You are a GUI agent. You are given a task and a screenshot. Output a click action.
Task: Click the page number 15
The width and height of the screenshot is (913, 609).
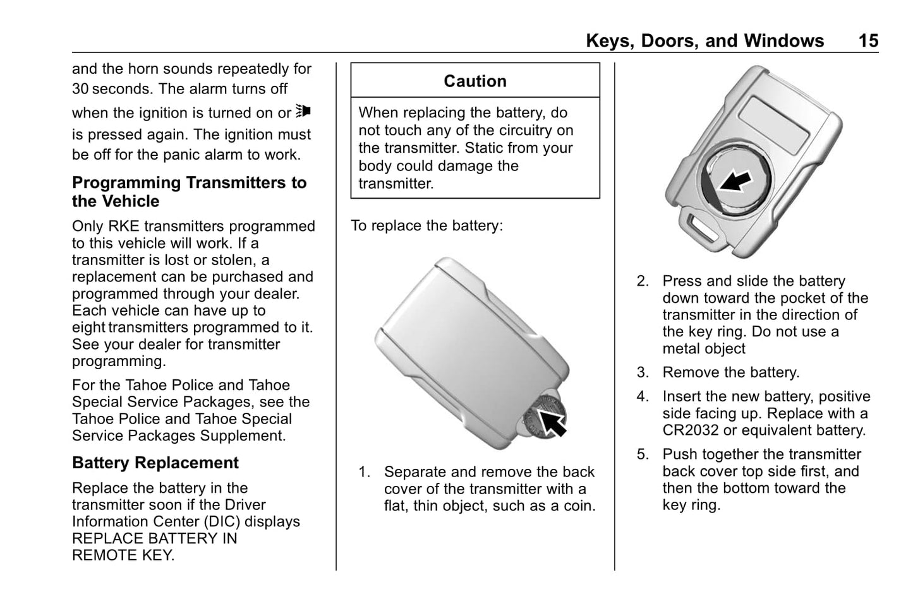[x=868, y=41]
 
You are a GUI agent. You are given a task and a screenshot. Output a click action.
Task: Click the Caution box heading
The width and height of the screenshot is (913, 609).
[x=475, y=81]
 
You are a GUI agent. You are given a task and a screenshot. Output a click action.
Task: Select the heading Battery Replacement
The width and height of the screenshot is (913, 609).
[x=155, y=463]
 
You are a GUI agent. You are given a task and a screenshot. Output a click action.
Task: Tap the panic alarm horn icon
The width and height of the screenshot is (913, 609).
[x=303, y=112]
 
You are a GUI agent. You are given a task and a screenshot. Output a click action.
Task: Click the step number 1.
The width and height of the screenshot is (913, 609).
[x=364, y=472]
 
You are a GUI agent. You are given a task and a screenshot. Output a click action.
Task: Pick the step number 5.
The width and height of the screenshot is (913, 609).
[x=642, y=454]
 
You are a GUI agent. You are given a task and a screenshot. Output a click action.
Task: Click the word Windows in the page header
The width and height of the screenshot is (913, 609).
[x=783, y=41]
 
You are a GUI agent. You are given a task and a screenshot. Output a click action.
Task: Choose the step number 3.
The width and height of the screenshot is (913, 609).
[x=642, y=373]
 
